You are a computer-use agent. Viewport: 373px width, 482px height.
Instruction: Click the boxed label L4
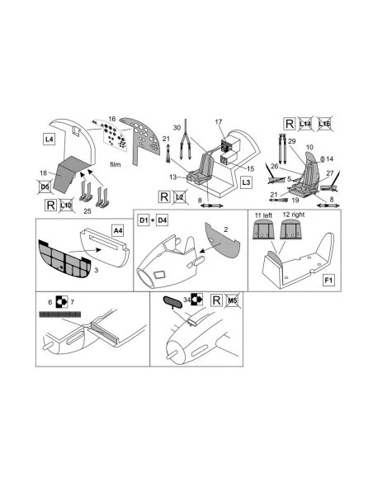tap(50, 139)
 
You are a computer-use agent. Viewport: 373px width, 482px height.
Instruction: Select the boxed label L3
tap(246, 182)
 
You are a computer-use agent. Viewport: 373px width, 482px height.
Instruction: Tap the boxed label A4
tap(118, 230)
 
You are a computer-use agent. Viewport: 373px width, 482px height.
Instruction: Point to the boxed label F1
tap(328, 281)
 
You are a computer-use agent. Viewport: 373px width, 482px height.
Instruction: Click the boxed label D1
tap(144, 220)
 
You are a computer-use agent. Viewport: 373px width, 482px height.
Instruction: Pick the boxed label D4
tap(162, 220)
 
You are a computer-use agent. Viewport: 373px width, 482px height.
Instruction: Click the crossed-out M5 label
tap(232, 300)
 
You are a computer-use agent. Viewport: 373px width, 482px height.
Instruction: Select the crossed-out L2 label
tap(180, 196)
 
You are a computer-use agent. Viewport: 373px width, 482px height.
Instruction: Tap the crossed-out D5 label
tap(45, 187)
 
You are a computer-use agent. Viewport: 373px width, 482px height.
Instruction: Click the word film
tap(116, 165)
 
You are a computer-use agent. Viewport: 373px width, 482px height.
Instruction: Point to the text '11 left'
tap(263, 215)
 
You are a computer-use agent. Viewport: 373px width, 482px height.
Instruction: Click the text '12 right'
tap(294, 215)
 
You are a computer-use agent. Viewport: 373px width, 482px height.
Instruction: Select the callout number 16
tap(112, 119)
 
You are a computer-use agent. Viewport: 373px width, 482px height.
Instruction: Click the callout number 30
tap(177, 128)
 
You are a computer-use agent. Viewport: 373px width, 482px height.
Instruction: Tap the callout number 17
tap(219, 121)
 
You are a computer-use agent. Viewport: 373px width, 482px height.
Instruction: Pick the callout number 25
tap(87, 211)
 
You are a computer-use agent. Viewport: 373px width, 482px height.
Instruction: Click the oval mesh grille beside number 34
tap(172, 302)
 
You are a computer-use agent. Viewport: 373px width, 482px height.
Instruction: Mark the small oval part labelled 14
tap(323, 159)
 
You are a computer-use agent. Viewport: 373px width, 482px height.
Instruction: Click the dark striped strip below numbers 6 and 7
tap(60, 314)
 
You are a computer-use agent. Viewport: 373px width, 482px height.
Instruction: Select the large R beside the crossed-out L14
tap(289, 124)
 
